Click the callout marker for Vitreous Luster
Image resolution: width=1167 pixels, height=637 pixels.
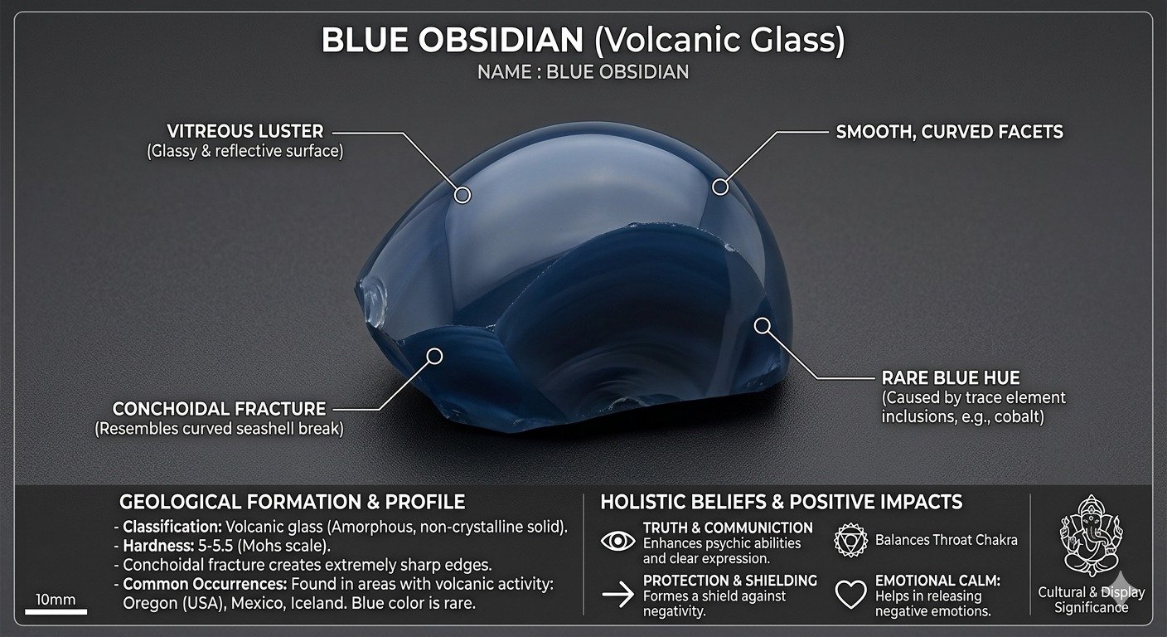point(462,195)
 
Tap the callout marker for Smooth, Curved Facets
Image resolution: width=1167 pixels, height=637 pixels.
point(720,186)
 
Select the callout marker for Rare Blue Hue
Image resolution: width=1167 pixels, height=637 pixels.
point(763,326)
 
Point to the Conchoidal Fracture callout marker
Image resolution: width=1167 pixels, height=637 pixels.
point(434,357)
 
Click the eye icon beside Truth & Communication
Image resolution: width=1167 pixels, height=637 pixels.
point(617,541)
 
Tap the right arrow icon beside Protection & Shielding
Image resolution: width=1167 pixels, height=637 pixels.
point(617,594)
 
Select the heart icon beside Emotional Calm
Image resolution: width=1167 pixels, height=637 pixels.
point(850,594)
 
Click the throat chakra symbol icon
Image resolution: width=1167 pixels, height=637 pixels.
point(850,541)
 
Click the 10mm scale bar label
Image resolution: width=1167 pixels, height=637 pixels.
point(56,600)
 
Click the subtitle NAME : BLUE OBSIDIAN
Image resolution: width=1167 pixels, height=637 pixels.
point(583,72)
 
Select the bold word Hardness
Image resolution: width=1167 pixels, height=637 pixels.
point(158,546)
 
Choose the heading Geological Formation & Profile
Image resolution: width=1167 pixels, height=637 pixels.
point(293,502)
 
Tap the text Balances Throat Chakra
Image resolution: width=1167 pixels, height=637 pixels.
point(946,540)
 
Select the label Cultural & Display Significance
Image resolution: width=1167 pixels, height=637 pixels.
point(1092,600)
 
